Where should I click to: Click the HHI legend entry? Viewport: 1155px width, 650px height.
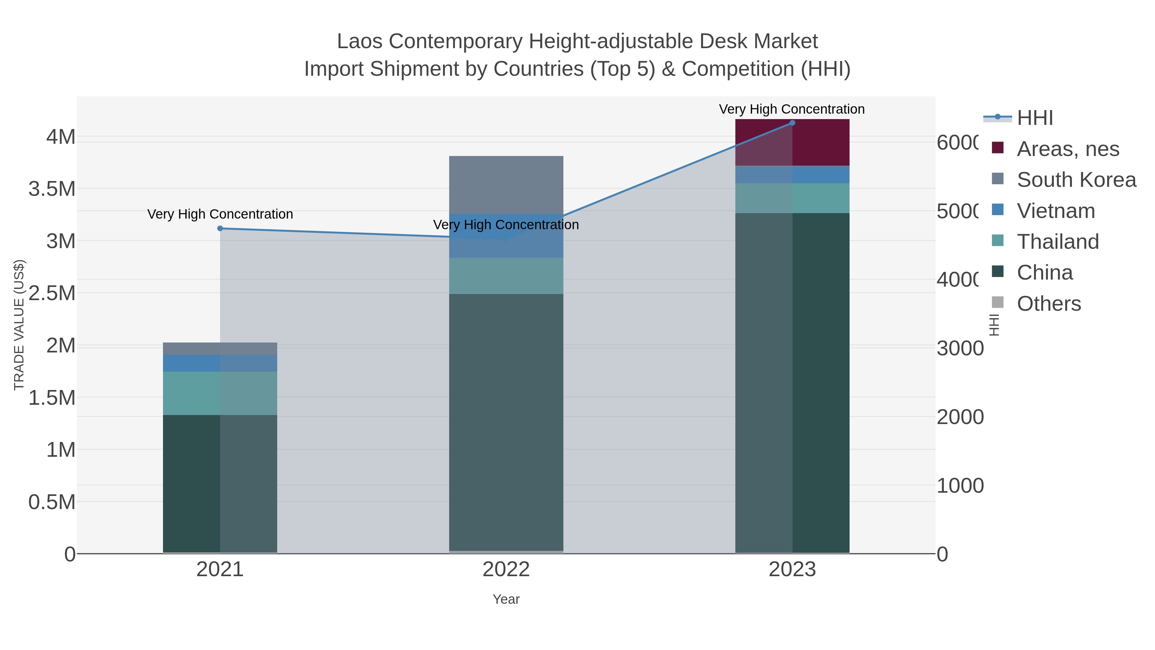[1034, 118]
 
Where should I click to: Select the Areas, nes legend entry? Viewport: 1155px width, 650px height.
[1067, 149]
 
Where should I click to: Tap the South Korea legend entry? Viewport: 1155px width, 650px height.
[1076, 180]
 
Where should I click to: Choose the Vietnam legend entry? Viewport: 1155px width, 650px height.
[1056, 211]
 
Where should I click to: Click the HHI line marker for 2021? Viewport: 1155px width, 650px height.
[220, 228]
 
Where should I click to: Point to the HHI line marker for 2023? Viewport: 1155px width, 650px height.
[792, 123]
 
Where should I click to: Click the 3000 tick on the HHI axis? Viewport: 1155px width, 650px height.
[960, 349]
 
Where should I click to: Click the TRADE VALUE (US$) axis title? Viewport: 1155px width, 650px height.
[19, 325]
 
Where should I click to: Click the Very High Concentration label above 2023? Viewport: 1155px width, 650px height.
[791, 109]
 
